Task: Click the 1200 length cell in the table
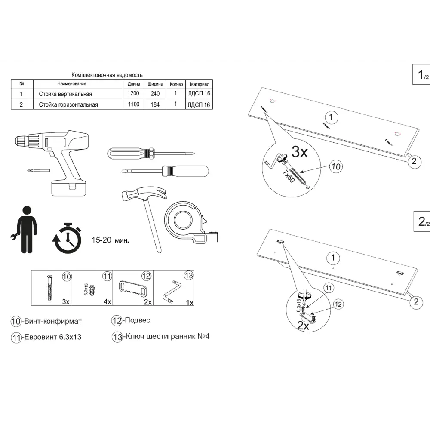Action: (133, 93)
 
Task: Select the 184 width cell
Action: (155, 104)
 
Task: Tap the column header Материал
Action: (200, 84)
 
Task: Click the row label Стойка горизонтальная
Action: (68, 104)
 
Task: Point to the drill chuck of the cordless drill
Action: (21, 141)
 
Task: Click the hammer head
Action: (144, 193)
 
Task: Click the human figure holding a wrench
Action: (24, 230)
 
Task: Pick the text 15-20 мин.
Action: (110, 240)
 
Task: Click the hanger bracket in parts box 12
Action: (133, 287)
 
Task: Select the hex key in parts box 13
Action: (171, 291)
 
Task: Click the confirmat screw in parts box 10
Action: (49, 288)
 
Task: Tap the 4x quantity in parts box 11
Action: (107, 302)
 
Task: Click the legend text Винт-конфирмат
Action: (53, 321)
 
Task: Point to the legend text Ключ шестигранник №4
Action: (166, 336)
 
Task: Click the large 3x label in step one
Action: (299, 152)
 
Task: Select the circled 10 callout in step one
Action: (336, 166)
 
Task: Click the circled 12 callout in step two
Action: (338, 304)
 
